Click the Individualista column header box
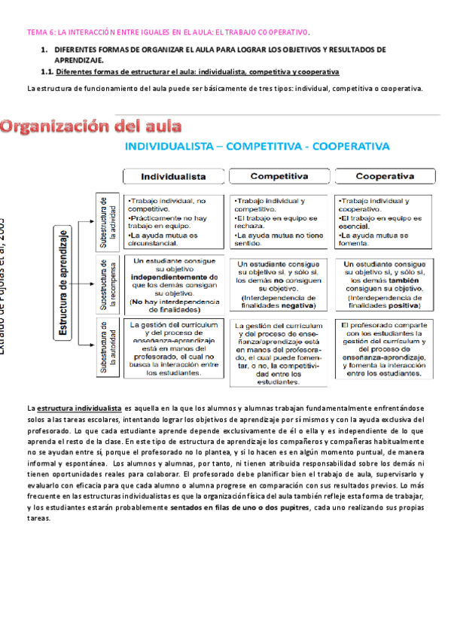tap(172, 177)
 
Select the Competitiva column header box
tap(279, 177)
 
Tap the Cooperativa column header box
tap(385, 177)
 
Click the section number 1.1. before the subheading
tap(47, 72)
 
